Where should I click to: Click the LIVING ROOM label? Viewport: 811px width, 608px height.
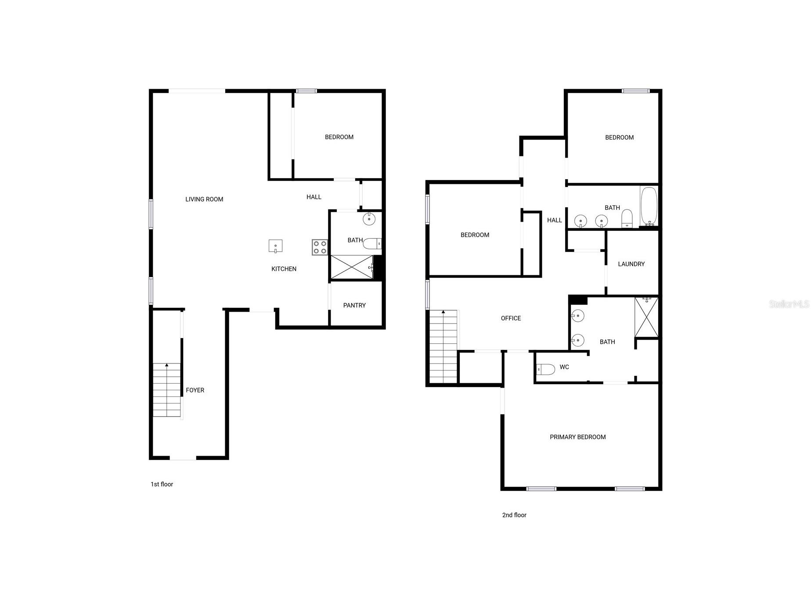204,199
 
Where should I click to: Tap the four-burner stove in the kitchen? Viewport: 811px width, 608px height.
320,247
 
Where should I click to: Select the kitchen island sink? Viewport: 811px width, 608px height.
275,246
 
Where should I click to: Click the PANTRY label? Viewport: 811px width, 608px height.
354,306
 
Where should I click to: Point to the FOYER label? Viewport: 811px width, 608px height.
195,390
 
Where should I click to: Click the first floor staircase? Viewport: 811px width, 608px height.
167,390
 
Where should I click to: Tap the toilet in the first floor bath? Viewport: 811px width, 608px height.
372,244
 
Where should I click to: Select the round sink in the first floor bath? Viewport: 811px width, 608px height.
369,219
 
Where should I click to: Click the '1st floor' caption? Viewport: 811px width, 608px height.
162,484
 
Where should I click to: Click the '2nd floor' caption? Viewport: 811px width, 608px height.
514,515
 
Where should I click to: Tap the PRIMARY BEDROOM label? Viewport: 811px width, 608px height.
578,437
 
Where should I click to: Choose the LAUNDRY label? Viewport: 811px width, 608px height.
631,264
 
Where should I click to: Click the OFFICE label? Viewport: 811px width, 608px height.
511,319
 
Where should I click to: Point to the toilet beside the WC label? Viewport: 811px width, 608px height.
546,370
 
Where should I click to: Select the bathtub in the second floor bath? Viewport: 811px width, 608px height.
649,207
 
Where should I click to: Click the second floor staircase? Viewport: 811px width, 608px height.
443,347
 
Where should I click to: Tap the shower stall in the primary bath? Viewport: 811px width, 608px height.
646,317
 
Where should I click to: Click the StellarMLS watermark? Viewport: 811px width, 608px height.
789,304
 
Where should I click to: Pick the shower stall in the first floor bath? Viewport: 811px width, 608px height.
352,267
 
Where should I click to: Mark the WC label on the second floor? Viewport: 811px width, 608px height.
564,367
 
